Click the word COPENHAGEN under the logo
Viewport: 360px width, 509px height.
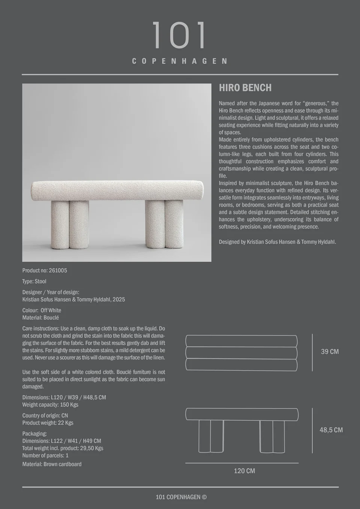[x=180, y=61]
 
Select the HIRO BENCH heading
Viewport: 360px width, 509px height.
[x=245, y=88]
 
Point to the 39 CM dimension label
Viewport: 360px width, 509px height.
[x=330, y=352]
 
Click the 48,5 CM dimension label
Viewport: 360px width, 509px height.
[x=331, y=430]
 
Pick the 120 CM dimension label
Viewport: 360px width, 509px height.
[x=244, y=471]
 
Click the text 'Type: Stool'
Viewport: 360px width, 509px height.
[x=34, y=281]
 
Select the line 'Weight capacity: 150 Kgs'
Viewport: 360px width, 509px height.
[x=50, y=404]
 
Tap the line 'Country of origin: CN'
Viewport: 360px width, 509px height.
[x=45, y=415]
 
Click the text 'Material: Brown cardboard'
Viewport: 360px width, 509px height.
[x=52, y=464]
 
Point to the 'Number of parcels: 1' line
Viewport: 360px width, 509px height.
[x=45, y=455]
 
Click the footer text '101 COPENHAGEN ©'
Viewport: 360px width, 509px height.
[x=181, y=497]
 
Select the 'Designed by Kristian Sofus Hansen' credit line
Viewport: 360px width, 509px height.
[x=277, y=242]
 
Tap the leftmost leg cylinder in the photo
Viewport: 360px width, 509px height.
[x=59, y=225]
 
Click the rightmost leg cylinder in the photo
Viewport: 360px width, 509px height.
[x=174, y=225]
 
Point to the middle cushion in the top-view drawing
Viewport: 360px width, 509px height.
[x=241, y=353]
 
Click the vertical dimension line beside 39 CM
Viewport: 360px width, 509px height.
[x=312, y=352]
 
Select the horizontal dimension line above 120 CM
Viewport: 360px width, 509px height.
[x=242, y=463]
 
